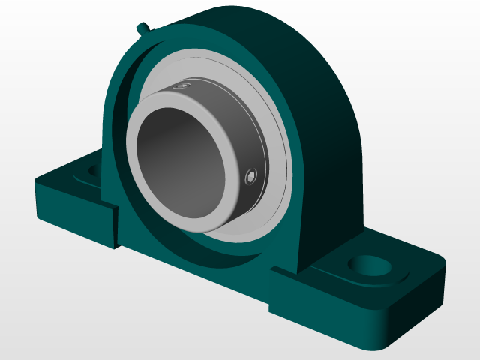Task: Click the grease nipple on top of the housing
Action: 143,29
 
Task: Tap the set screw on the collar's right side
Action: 250,176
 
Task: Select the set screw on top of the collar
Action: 179,88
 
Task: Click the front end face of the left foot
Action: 75,217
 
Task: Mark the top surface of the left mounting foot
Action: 71,178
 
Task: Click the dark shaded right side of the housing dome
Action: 330,150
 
